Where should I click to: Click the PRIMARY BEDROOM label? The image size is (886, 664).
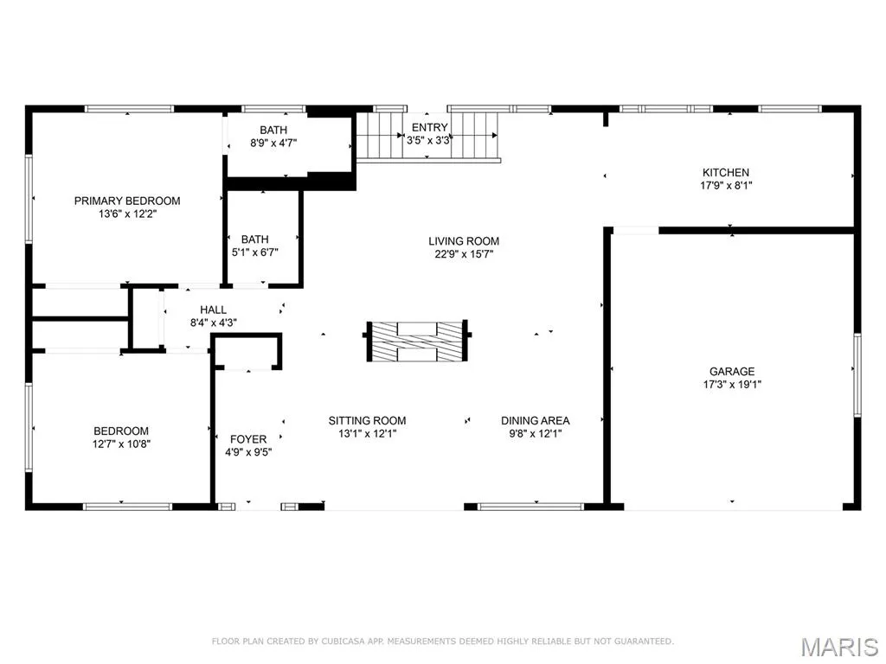click(127, 201)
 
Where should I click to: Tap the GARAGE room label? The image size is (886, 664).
click(732, 372)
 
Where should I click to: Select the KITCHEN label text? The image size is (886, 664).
click(726, 173)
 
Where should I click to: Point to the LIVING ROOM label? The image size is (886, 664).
click(464, 241)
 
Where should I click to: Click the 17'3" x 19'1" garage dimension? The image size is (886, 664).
click(732, 385)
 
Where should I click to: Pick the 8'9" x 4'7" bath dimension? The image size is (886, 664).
click(273, 143)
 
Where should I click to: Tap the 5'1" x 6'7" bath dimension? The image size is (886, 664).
click(255, 252)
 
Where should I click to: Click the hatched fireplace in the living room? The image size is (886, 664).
click(417, 341)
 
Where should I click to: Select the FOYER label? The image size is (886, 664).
click(248, 439)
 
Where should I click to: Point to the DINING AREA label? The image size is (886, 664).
click(535, 421)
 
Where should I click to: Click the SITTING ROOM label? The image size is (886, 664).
click(367, 421)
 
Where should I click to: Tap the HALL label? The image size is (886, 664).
click(213, 310)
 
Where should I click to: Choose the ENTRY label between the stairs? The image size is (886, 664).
click(429, 128)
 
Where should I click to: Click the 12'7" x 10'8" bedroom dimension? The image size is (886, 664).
click(121, 444)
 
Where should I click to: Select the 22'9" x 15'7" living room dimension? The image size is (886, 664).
click(464, 254)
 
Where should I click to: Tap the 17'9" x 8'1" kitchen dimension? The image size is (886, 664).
click(726, 186)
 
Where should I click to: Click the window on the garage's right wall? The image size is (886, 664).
click(857, 375)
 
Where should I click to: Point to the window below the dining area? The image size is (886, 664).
click(530, 507)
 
